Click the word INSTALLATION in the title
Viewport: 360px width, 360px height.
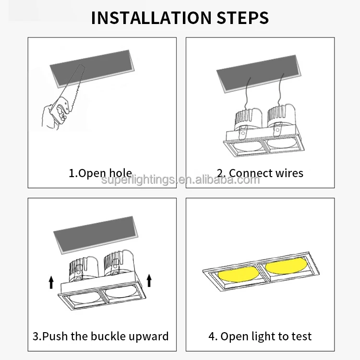[x=151, y=17]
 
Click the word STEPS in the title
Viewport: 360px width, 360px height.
[x=242, y=17]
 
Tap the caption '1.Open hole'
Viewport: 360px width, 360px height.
[x=100, y=173]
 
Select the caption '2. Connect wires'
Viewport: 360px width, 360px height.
[x=260, y=173]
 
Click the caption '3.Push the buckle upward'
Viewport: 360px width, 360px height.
[x=101, y=336]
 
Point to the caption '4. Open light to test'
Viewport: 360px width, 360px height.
[x=260, y=336]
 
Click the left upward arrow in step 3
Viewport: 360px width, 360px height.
[x=51, y=282]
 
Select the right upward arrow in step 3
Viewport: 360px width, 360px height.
[x=149, y=280]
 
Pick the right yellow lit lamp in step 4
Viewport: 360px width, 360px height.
[x=286, y=265]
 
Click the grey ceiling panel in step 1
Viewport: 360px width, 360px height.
[x=92, y=69]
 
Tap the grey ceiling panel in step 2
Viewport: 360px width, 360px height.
[x=259, y=73]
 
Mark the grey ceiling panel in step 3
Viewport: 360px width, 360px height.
[x=96, y=235]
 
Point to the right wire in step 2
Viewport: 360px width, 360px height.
[x=281, y=90]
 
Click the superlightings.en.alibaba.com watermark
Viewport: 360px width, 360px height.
[x=180, y=180]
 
